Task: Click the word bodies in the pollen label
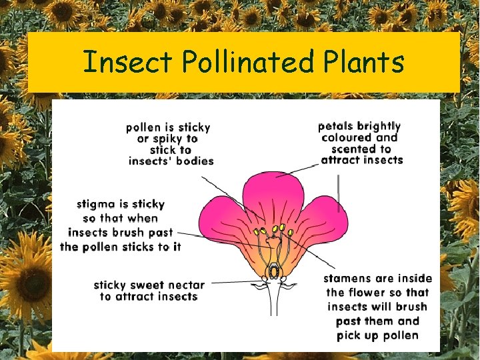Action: coord(194,161)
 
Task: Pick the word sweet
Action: coord(152,285)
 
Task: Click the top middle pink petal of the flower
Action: coord(273,193)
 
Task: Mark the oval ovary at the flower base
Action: coord(273,273)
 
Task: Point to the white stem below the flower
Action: coord(273,303)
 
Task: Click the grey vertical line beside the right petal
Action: coord(339,193)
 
